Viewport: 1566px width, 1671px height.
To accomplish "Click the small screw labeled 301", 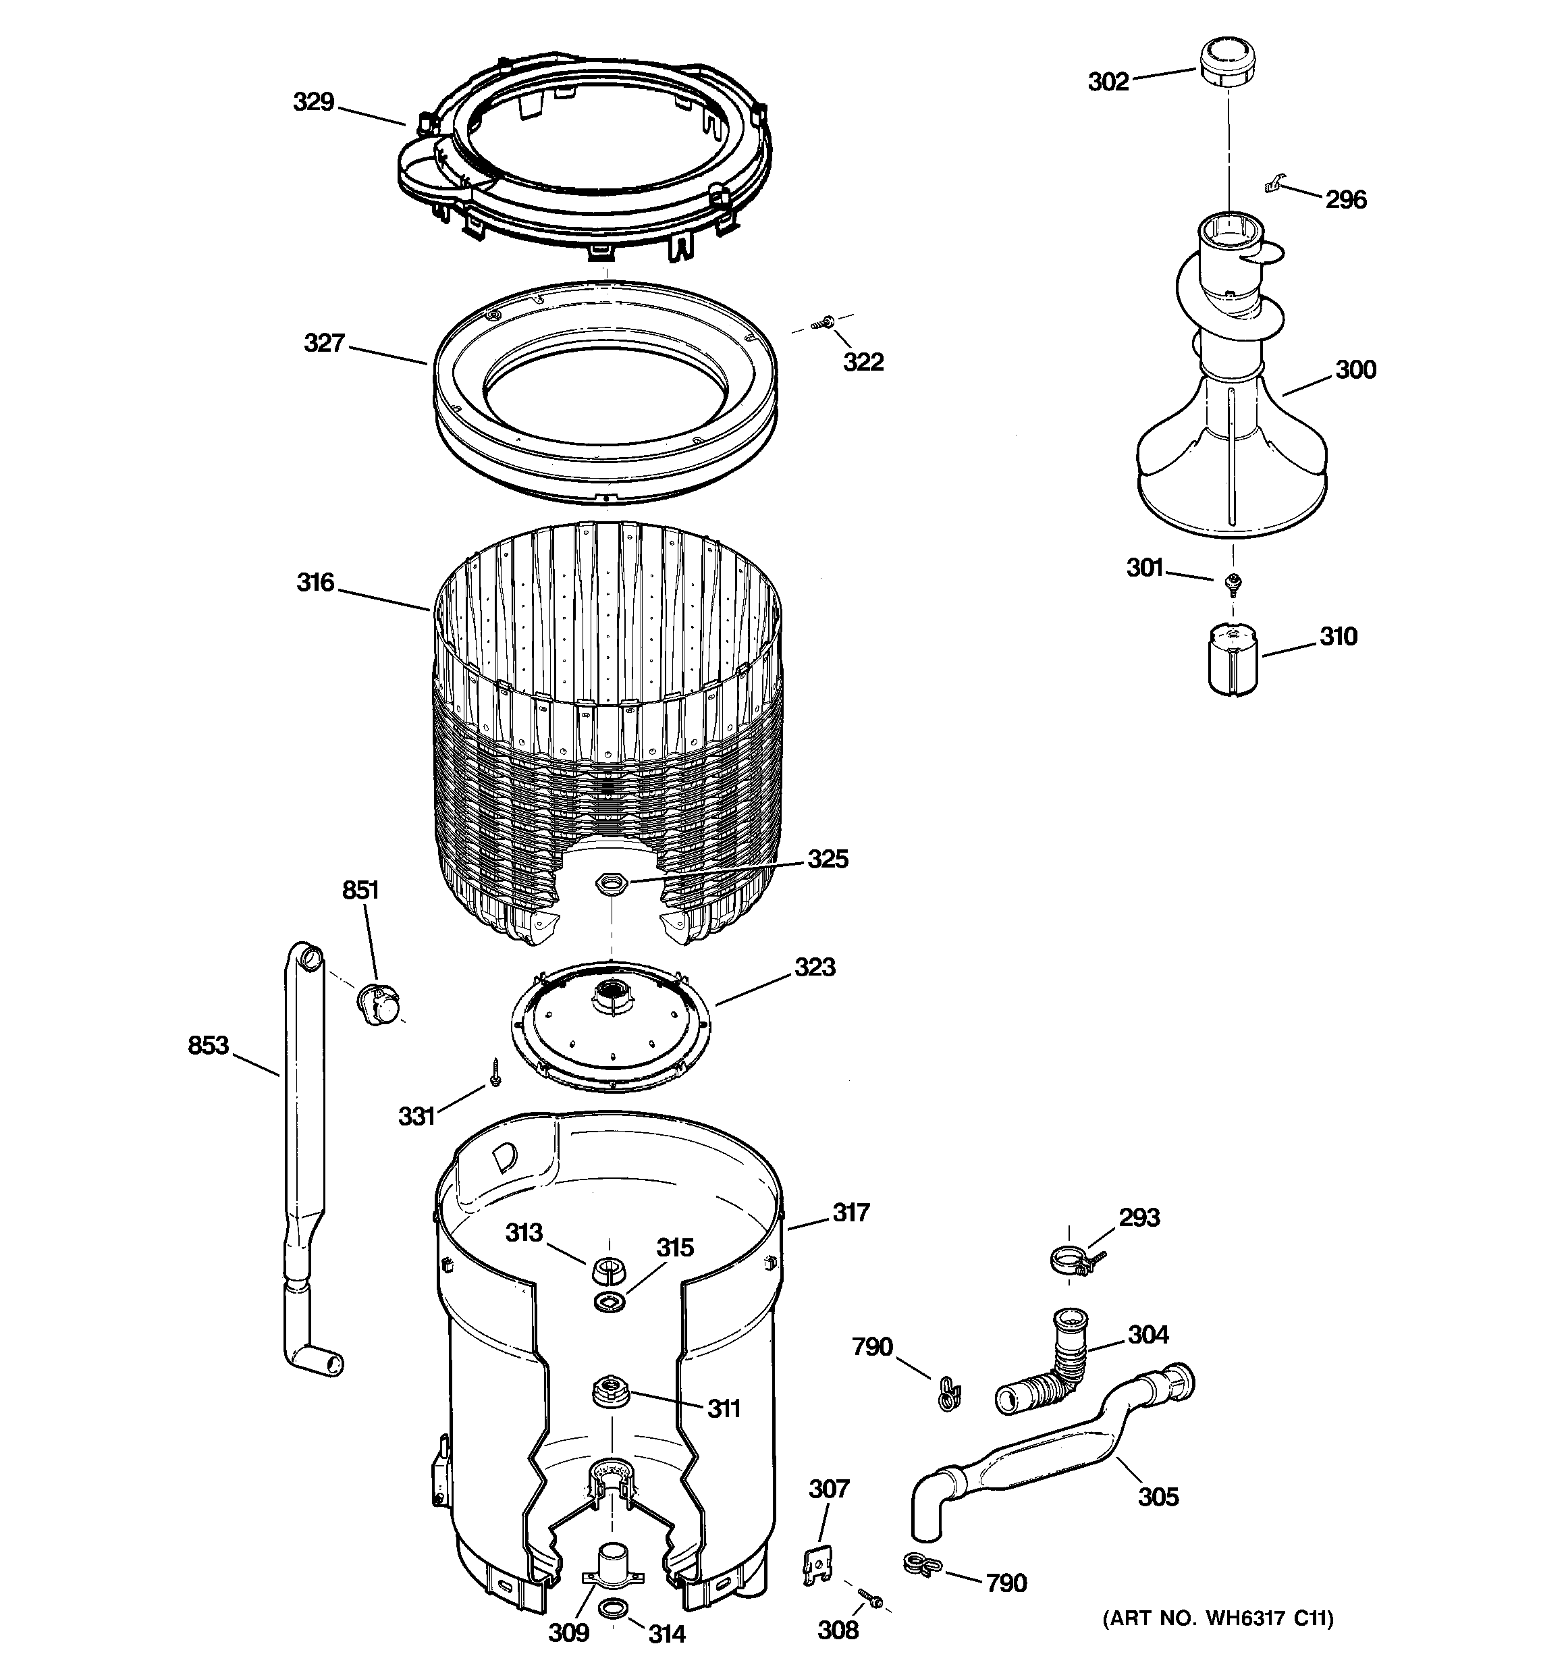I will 1233,582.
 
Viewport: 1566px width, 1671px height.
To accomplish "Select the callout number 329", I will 313,102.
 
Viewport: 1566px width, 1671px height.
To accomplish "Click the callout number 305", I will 1158,1496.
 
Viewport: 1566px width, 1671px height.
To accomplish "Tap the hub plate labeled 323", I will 610,1027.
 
